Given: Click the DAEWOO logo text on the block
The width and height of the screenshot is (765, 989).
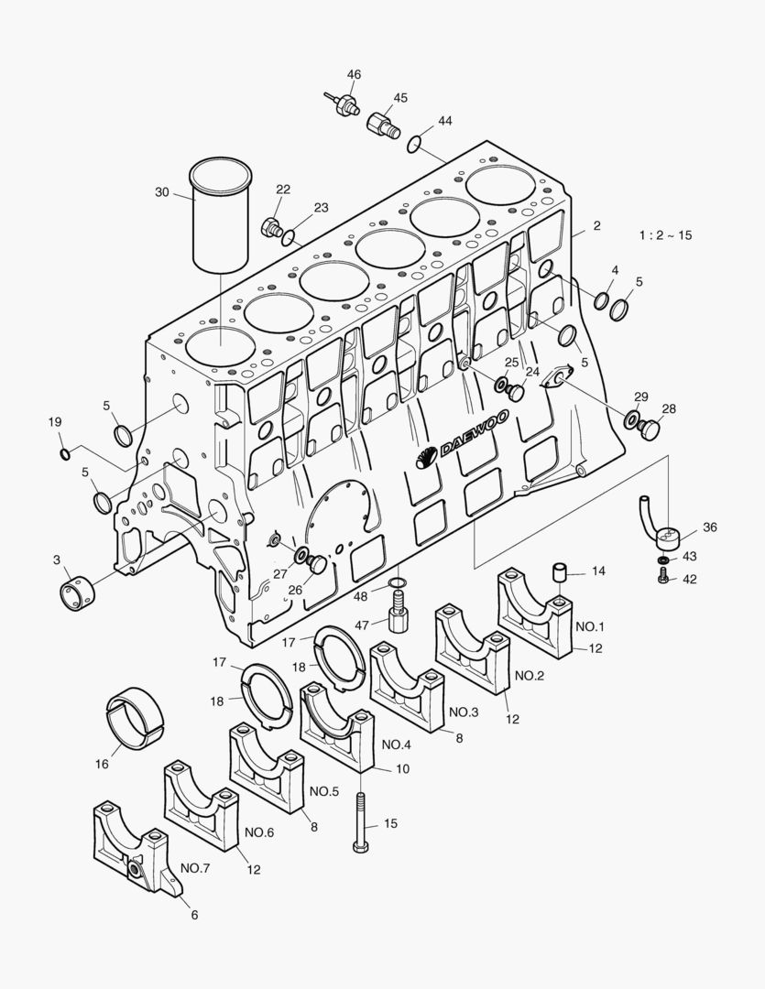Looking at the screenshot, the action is (474, 432).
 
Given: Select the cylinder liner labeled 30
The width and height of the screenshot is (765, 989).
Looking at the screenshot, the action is (221, 214).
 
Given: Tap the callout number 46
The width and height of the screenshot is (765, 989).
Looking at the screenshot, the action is (354, 74).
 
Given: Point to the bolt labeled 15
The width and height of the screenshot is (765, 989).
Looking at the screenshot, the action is (360, 821).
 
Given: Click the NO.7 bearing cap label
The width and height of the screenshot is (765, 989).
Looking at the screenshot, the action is (195, 868).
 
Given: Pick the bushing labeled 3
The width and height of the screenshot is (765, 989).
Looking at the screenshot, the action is (77, 592).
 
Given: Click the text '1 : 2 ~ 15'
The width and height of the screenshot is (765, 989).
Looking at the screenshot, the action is (665, 235).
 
